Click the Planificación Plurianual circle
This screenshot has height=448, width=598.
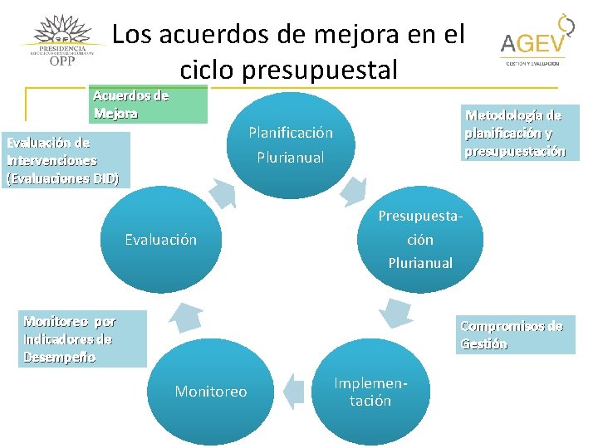[291, 145]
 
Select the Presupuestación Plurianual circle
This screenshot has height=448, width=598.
[420, 239]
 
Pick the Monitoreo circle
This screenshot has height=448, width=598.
[211, 391]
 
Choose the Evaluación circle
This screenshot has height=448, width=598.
[161, 239]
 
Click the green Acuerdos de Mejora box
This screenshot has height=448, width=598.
[149, 105]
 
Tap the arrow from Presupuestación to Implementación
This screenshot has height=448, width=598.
[396, 312]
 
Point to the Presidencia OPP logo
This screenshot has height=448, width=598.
[62, 41]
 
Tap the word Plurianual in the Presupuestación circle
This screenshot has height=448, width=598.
[420, 263]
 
